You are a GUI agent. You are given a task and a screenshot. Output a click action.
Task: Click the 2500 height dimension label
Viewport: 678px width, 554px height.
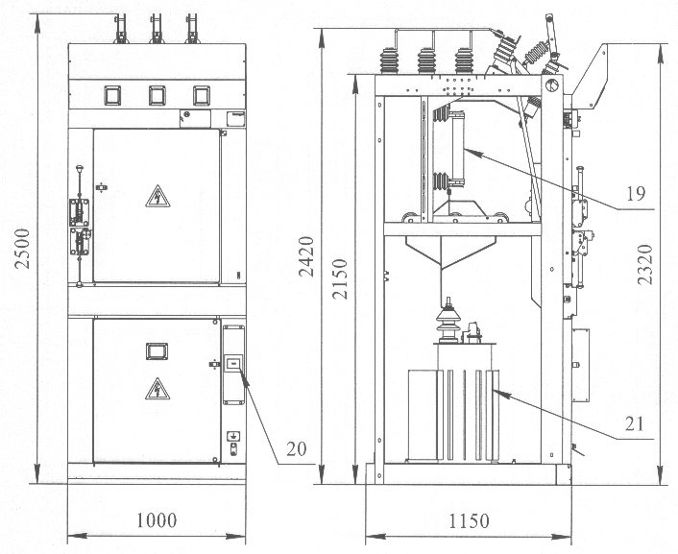click(22, 249)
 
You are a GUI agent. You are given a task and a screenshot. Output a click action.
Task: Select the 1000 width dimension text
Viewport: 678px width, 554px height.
click(157, 520)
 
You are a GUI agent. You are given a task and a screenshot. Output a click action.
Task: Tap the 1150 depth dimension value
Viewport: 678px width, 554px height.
click(470, 521)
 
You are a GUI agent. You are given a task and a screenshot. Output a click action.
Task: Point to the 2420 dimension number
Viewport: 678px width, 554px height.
click(306, 256)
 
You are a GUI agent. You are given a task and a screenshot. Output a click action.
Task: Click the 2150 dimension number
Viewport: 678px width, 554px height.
click(340, 279)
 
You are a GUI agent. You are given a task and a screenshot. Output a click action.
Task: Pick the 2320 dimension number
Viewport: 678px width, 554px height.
click(645, 264)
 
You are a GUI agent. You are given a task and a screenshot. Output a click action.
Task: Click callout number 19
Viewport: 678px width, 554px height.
click(636, 194)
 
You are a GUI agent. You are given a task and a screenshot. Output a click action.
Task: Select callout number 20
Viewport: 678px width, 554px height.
click(296, 449)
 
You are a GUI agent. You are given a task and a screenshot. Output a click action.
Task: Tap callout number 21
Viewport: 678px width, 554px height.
click(635, 424)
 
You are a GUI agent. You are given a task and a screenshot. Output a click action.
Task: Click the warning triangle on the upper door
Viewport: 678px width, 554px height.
click(157, 197)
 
